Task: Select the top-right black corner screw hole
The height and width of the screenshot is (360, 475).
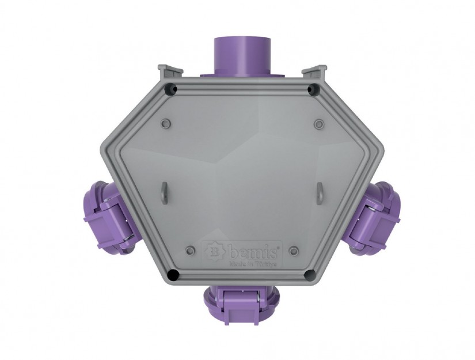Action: pyautogui.click(x=312, y=90)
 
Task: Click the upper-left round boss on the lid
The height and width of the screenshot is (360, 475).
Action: pyautogui.click(x=166, y=123)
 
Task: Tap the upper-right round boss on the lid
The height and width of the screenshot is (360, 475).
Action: pyautogui.click(x=319, y=123)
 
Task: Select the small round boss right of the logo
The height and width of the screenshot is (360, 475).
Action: pyautogui.click(x=294, y=250)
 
